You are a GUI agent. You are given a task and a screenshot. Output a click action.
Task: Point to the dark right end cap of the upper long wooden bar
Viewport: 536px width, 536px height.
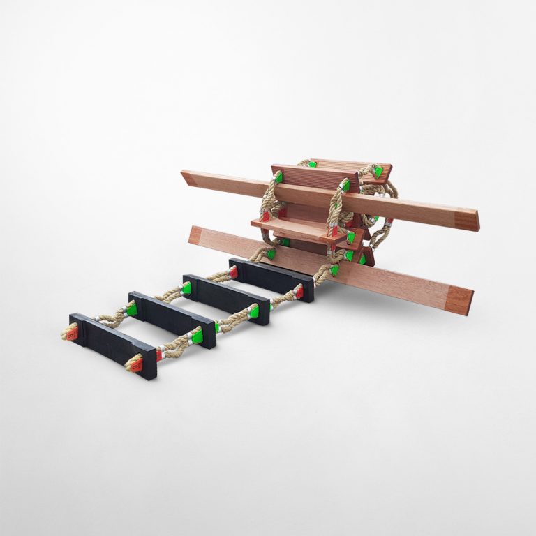467,220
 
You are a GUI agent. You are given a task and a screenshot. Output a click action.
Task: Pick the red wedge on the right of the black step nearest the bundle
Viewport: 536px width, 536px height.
299,292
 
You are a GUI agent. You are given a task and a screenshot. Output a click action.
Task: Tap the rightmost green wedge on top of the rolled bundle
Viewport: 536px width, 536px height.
378,171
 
